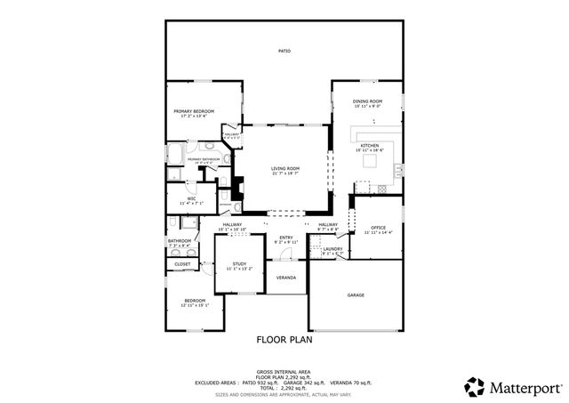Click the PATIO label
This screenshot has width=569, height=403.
pos(284,51)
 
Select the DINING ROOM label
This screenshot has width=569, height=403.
pos(368,101)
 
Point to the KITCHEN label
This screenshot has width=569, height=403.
pos(368,145)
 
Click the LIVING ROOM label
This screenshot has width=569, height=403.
pos(284,168)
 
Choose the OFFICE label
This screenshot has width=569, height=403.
pos(378,228)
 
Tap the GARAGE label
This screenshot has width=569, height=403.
pos(356,294)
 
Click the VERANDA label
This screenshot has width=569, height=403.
pos(286,278)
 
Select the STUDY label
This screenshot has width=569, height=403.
pos(239,264)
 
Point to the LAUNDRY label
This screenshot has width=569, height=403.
pos(333,250)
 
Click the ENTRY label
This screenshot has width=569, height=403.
pos(286,238)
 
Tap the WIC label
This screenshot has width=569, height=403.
pos(191,199)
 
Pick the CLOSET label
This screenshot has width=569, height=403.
pos(182,264)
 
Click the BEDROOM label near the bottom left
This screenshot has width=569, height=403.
pos(194,301)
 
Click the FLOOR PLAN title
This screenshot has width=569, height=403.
pos(284,339)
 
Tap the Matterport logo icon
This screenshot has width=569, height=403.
pos(473,386)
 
